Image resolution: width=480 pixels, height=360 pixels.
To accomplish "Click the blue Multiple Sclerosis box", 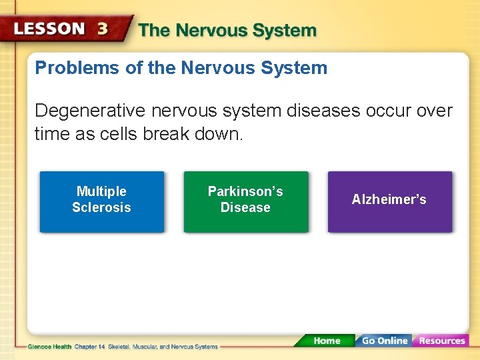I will click(x=101, y=201).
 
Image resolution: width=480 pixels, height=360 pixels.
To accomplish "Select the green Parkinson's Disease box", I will click(x=245, y=201).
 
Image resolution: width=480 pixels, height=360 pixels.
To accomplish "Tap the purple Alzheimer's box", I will click(x=389, y=201).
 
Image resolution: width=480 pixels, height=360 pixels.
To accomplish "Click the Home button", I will click(x=326, y=341).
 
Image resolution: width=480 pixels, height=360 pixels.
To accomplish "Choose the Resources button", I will click(x=441, y=341).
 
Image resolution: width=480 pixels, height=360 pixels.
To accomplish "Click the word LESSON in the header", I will click(x=49, y=29).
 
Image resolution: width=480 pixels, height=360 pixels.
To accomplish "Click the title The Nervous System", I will click(x=227, y=31).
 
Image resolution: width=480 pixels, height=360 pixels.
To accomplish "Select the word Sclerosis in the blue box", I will click(x=101, y=207).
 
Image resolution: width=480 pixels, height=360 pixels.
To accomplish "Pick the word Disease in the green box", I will click(x=245, y=207).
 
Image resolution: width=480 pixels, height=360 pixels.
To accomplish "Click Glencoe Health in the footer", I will click(x=49, y=347).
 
